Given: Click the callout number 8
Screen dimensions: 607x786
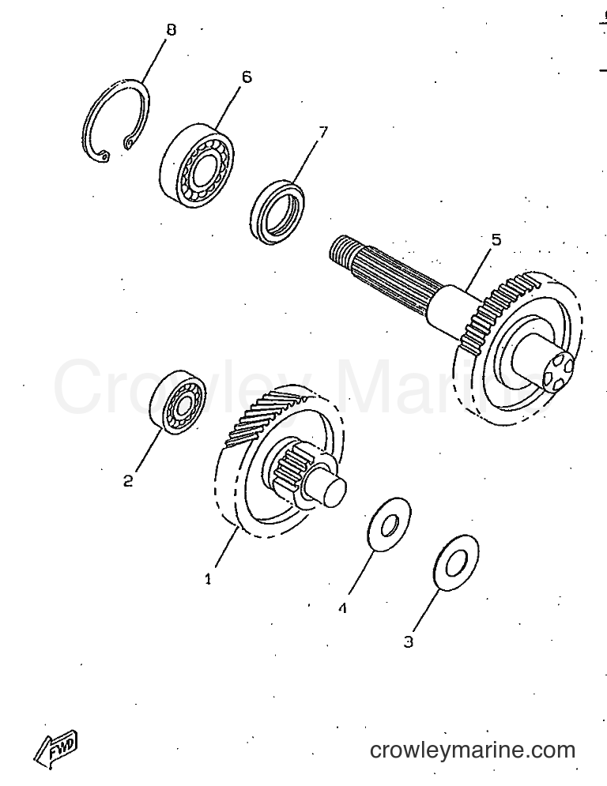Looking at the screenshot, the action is tap(171, 30).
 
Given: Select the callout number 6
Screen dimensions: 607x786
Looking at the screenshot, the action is tap(247, 77).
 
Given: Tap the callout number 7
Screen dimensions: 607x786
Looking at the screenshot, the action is tap(323, 132).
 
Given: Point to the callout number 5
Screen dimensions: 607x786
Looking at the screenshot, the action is tap(496, 239).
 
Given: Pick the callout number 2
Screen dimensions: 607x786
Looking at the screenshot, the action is tap(128, 481).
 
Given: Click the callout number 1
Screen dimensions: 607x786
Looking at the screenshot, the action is tap(208, 579).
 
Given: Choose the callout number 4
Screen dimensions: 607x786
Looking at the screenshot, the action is tap(343, 608).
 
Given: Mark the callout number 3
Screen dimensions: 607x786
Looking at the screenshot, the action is tap(409, 641).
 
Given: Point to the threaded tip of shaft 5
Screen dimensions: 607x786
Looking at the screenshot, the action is tap(339, 250).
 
